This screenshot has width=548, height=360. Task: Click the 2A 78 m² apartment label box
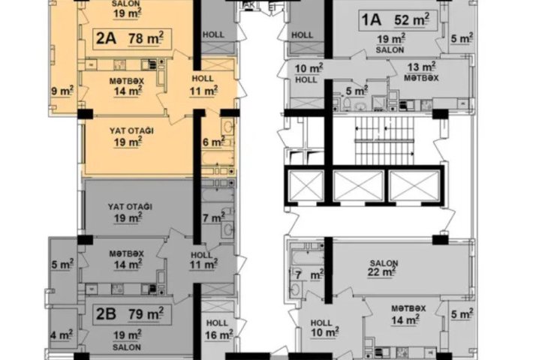[132, 38]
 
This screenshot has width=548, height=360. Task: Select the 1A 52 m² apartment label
[399, 20]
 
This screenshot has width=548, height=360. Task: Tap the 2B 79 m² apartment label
[132, 314]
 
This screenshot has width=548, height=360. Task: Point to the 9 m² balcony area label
[62, 91]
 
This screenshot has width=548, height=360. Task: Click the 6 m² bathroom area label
[214, 142]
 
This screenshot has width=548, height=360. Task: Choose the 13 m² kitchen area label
[422, 66]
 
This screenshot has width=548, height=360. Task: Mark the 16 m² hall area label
[218, 334]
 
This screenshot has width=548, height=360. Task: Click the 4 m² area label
[62, 334]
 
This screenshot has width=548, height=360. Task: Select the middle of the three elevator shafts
[359, 186]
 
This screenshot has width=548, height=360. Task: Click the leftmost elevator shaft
[306, 186]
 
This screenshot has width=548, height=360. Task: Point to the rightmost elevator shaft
[414, 186]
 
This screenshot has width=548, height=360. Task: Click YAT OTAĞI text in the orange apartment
[131, 131]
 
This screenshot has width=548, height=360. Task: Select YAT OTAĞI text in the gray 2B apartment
[130, 207]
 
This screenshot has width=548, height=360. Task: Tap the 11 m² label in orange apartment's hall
[203, 91]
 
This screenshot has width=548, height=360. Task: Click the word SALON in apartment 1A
[390, 50]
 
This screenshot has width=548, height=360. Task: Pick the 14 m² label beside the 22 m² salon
[406, 319]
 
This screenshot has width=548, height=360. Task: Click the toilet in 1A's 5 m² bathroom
[347, 103]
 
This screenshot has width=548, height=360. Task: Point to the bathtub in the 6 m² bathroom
[218, 158]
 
